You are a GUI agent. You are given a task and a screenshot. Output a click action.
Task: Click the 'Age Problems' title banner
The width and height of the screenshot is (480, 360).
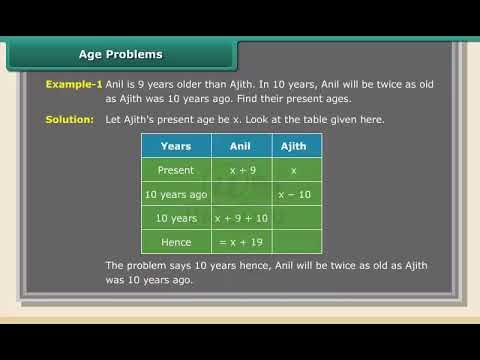point(121,54)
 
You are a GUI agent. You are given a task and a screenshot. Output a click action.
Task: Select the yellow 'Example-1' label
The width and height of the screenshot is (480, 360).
point(74,86)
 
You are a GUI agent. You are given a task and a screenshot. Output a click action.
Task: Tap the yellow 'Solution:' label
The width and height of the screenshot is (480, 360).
point(70,120)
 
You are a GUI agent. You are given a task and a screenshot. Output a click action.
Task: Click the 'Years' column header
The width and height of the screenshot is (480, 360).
point(176,146)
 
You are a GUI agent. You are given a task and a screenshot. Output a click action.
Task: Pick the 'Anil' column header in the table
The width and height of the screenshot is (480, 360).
point(239,146)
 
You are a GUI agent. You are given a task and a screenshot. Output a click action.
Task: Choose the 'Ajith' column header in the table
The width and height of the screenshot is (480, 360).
point(294,146)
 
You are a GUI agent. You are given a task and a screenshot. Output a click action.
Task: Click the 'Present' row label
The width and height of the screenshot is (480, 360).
point(176,170)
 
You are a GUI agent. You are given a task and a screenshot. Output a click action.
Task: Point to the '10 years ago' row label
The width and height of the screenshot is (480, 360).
point(176,194)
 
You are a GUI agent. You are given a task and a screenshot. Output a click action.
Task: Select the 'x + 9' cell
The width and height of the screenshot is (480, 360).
point(239,170)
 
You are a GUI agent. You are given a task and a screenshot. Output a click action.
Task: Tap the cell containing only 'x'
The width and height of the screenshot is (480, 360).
point(294,170)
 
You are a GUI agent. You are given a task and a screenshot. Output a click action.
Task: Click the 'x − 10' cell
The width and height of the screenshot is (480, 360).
point(294,194)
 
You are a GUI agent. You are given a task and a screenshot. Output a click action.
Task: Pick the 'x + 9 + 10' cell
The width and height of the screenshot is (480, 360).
point(241,218)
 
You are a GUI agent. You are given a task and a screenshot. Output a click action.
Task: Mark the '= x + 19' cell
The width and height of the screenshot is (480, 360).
point(239,241)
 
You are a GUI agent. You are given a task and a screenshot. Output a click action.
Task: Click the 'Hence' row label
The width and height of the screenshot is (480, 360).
point(176,241)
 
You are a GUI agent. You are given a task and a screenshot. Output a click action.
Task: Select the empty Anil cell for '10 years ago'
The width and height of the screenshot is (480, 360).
point(239,194)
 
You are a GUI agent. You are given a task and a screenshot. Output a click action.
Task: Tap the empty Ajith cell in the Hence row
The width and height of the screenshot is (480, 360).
point(294,241)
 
